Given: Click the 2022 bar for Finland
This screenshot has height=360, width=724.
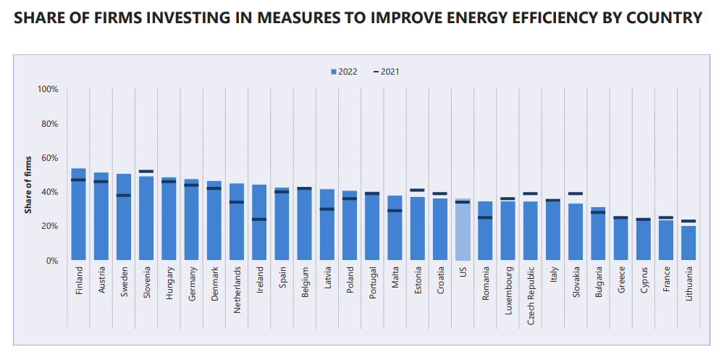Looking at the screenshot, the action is (78, 214).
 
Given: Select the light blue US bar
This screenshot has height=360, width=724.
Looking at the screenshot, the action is (463, 230).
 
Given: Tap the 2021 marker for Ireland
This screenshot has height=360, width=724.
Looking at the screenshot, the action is (259, 219).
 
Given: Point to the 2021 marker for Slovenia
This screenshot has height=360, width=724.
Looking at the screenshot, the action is (146, 172).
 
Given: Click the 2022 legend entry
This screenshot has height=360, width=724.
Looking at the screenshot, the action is (344, 72).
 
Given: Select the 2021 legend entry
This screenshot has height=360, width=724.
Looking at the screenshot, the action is (386, 72).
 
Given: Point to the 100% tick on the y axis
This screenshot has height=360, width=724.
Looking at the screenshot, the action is (48, 89).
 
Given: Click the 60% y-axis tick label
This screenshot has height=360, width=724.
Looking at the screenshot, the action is (50, 158).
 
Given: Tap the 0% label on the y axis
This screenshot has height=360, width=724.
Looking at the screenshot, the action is (51, 261).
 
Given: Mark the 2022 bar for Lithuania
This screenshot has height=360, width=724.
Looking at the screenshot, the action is (689, 243).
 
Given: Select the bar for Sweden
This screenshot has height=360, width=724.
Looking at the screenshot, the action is (124, 217).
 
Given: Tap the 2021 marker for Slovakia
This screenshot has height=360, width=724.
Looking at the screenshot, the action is (576, 193).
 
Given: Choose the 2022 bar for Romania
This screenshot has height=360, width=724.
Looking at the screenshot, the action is (485, 230).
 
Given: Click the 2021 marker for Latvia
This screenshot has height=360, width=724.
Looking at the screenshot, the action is (327, 209).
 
